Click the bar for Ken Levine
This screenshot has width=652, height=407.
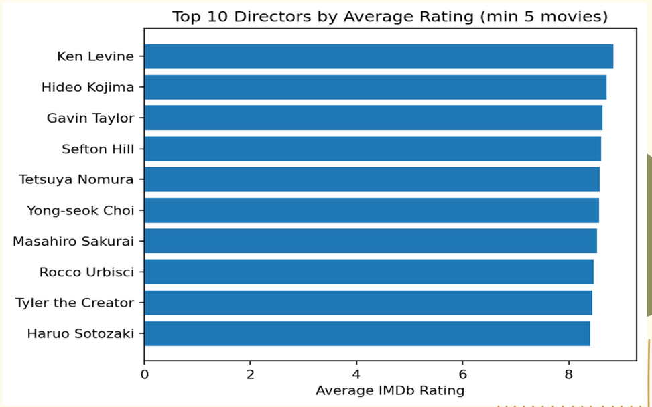tap(379, 56)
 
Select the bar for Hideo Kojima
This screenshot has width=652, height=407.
tap(375, 87)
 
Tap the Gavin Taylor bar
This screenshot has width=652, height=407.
tap(373, 118)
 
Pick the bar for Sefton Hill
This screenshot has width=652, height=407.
tap(373, 149)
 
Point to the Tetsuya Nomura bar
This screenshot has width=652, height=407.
tap(372, 179)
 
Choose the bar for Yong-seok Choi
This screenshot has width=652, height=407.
tap(371, 210)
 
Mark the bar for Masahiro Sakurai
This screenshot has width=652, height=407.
tap(371, 241)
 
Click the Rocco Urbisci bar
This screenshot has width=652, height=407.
tap(369, 272)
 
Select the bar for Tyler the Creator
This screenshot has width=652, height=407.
tap(368, 303)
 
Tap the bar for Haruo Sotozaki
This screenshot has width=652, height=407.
tap(367, 333)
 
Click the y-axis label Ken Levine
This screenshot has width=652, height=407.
tap(96, 56)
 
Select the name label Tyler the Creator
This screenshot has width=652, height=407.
tap(74, 303)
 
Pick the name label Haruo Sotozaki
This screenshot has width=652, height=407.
tap(80, 333)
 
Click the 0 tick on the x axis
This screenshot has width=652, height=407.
tap(144, 374)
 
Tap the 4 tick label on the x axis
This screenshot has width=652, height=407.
tap(356, 374)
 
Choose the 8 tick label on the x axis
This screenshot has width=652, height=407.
tap(569, 374)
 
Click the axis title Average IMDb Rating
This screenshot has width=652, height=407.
tap(390, 390)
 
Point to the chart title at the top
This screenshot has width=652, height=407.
tap(390, 17)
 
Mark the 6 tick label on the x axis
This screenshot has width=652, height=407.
tap(462, 374)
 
